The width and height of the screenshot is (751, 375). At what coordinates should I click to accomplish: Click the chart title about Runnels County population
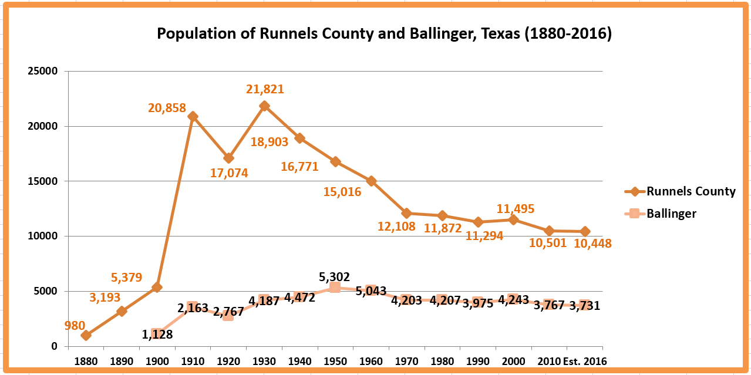(384, 34)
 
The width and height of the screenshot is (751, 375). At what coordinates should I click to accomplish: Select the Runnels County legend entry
(691, 191)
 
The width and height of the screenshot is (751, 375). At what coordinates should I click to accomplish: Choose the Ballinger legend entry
(671, 214)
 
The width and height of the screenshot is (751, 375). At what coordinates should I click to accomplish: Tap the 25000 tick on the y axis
(43, 72)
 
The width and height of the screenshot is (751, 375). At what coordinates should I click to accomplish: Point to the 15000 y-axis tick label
(43, 181)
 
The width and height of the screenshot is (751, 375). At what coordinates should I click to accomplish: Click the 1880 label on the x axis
(86, 361)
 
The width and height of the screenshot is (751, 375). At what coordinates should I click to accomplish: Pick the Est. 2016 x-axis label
(584, 361)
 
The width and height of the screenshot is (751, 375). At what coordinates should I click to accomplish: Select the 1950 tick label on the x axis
(335, 361)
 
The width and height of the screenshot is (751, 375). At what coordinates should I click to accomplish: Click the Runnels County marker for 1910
(193, 116)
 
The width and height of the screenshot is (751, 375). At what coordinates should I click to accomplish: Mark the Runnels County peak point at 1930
(264, 106)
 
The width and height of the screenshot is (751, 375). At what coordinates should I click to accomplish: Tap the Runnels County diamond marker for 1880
(86, 335)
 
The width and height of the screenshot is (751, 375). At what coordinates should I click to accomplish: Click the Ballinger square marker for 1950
(335, 287)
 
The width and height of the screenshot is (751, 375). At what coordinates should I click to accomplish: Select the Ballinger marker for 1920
(228, 315)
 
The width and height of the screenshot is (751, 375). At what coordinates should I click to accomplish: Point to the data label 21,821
(265, 90)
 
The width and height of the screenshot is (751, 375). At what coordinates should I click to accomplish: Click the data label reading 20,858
(167, 108)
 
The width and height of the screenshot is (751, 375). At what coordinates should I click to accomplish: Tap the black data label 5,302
(335, 276)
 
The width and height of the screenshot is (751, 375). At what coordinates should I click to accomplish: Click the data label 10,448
(592, 244)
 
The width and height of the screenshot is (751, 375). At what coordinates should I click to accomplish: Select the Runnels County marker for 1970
(406, 213)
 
